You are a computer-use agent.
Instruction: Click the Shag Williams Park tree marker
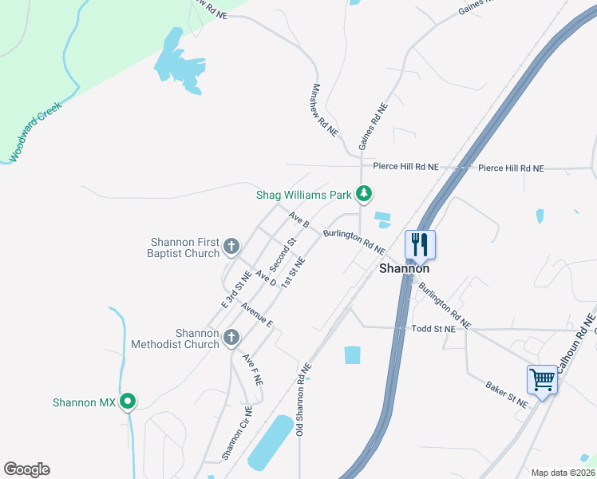(x=364, y=193)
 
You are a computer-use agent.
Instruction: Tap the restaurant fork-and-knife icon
(x=420, y=244)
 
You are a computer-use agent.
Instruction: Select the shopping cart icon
(x=542, y=379)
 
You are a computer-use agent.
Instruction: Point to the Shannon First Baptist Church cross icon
(x=231, y=247)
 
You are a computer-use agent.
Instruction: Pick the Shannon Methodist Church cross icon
(x=231, y=338)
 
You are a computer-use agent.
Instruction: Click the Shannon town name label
(x=404, y=269)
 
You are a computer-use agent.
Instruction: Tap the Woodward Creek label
(x=36, y=132)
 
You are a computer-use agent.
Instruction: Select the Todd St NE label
(x=433, y=328)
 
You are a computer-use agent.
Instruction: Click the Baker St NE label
(x=507, y=394)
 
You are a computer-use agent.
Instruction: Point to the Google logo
(x=26, y=469)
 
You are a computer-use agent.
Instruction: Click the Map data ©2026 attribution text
(x=563, y=473)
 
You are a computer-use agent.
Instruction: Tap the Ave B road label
(x=298, y=220)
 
